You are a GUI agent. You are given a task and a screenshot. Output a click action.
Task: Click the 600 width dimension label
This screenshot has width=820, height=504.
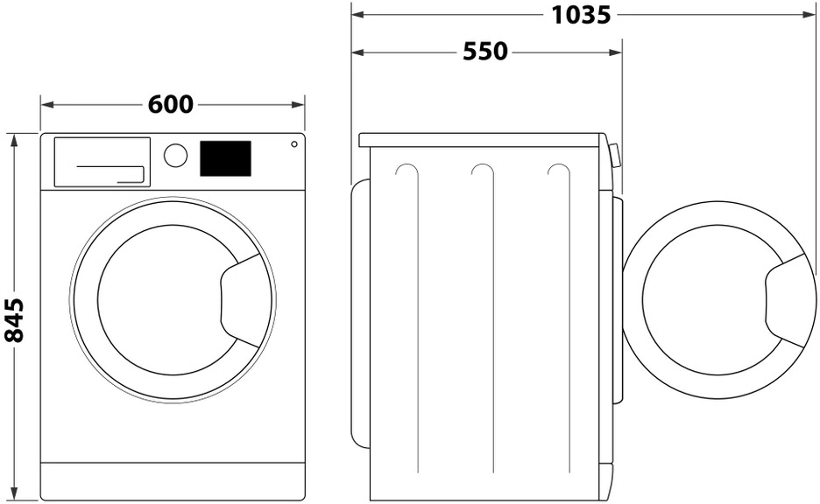[x=170, y=104]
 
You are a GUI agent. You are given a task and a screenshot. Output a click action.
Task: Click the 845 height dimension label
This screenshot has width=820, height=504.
[x=13, y=318]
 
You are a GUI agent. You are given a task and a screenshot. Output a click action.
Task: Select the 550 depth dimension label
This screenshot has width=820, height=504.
[x=484, y=52]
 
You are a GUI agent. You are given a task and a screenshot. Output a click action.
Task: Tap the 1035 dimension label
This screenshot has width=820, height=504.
[x=581, y=15]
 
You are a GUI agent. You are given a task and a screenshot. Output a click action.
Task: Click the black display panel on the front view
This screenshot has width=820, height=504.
[x=225, y=158]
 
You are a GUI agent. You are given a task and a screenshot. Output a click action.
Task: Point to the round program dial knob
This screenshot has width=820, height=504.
[x=175, y=156]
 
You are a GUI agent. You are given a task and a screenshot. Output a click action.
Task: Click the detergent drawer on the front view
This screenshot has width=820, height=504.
[x=102, y=161]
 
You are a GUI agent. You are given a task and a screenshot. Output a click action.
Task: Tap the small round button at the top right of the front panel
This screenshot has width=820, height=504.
[x=293, y=143]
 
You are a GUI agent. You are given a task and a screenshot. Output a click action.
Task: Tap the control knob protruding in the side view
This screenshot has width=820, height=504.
[x=615, y=156]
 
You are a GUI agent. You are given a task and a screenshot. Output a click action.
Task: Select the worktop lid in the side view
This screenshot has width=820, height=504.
[x=482, y=139]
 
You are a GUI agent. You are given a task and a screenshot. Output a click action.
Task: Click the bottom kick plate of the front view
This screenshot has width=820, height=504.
[x=173, y=480]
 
